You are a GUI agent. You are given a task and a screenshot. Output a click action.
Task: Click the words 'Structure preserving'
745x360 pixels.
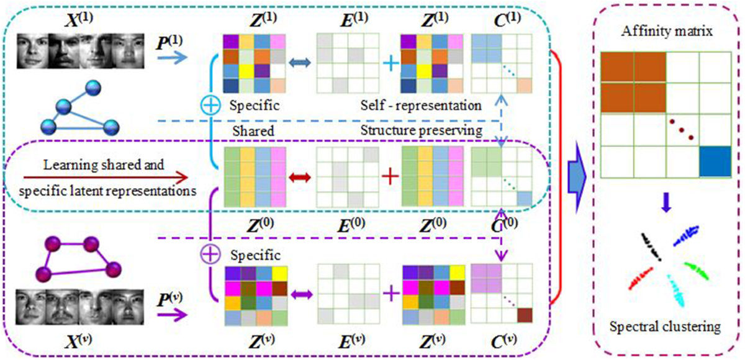click(x=422, y=131)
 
